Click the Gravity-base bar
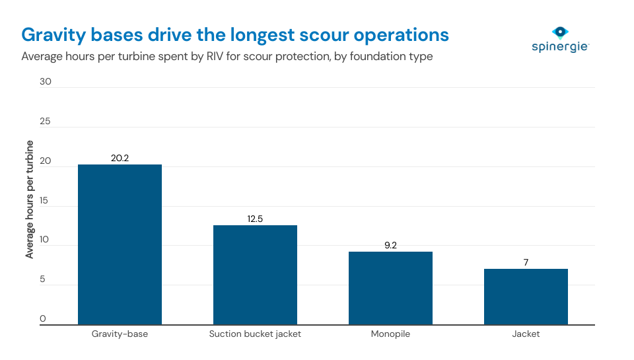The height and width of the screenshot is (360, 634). click(120, 244)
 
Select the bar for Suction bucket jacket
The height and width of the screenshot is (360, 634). click(255, 275)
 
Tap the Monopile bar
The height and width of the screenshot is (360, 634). click(390, 288)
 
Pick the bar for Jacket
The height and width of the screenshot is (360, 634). click(526, 297)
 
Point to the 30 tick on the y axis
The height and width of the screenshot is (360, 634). click(45, 82)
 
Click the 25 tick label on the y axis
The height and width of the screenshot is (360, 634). click(45, 122)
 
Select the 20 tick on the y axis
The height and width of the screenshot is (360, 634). click(45, 162)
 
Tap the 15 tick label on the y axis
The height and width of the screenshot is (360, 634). click(45, 201)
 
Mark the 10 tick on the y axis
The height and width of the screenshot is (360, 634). click(45, 241)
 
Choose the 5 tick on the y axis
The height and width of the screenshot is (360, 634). click(43, 281)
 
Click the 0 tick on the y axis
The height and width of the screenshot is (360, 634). click(43, 320)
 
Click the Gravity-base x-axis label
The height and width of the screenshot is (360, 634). click(120, 334)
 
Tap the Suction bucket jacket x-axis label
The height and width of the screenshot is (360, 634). click(255, 334)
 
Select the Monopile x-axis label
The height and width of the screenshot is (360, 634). click(390, 334)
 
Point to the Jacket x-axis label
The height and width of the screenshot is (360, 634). click(526, 334)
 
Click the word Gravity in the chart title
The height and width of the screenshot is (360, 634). click(51, 35)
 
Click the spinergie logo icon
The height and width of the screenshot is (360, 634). click(560, 32)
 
